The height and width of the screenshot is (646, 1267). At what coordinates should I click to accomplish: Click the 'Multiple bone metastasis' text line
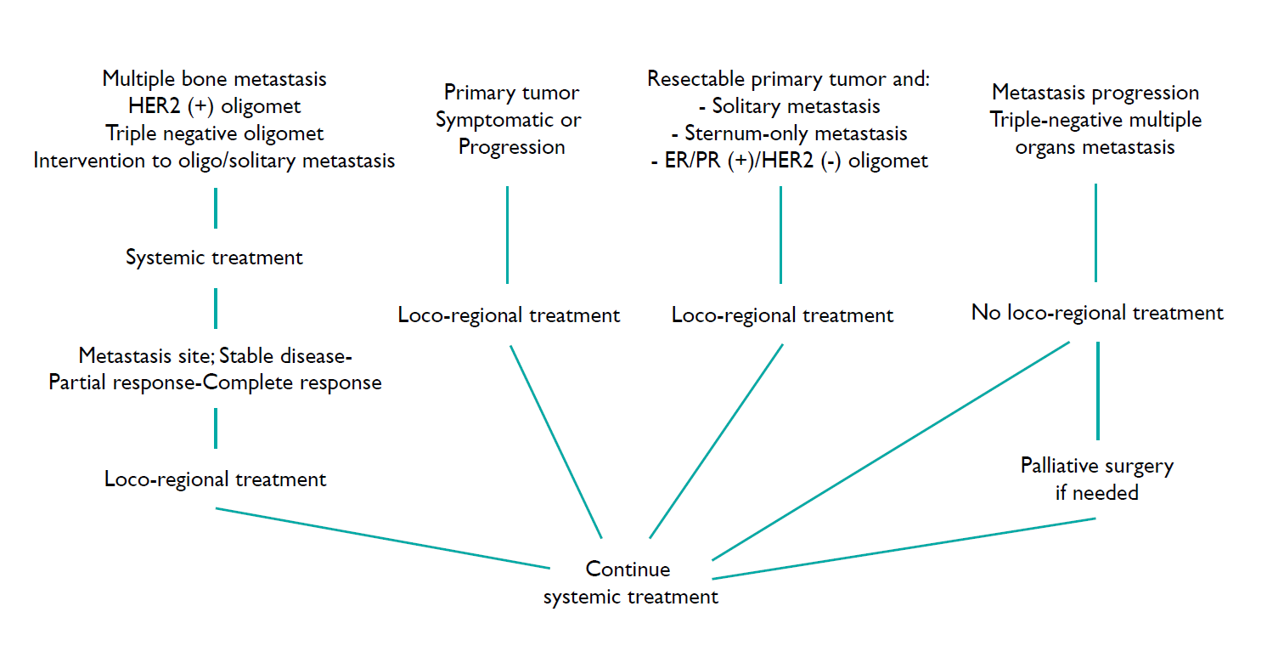(x=214, y=79)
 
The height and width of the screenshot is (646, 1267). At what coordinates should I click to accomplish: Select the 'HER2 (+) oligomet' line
(x=214, y=106)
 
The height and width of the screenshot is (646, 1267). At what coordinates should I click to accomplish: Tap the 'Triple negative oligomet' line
(x=214, y=133)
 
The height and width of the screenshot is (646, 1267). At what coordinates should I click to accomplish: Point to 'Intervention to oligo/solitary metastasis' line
(x=214, y=161)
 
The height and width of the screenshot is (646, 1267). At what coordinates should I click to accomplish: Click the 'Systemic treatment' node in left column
(x=214, y=258)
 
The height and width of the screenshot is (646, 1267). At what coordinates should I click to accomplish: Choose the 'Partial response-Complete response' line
(x=215, y=382)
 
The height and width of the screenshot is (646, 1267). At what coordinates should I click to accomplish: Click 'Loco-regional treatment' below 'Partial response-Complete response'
(x=215, y=479)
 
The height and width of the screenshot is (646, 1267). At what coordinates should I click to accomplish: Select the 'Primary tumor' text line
(x=511, y=93)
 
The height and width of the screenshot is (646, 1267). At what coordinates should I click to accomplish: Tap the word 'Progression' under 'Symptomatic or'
(x=511, y=147)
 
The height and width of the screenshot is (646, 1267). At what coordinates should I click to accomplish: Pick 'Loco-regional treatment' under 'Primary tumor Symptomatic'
(x=509, y=315)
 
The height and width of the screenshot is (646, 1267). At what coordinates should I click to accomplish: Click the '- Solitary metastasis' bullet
(x=789, y=106)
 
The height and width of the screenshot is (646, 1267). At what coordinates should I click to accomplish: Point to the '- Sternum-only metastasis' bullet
(x=789, y=133)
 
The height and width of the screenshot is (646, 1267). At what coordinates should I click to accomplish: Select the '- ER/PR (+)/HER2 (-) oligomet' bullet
(x=789, y=161)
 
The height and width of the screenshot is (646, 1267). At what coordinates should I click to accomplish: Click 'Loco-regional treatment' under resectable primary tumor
(x=782, y=315)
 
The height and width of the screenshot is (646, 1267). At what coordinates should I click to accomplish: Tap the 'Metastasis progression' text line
(x=1095, y=93)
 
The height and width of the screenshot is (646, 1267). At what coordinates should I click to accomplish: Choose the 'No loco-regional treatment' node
(x=1097, y=313)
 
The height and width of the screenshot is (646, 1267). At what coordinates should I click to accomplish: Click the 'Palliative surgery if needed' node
(x=1096, y=479)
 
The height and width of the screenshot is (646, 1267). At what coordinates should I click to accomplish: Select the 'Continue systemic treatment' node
(x=630, y=583)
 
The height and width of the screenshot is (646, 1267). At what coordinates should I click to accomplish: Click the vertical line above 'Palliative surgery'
(x=1098, y=389)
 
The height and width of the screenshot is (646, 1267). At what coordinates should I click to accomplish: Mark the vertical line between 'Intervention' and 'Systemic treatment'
(x=216, y=208)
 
